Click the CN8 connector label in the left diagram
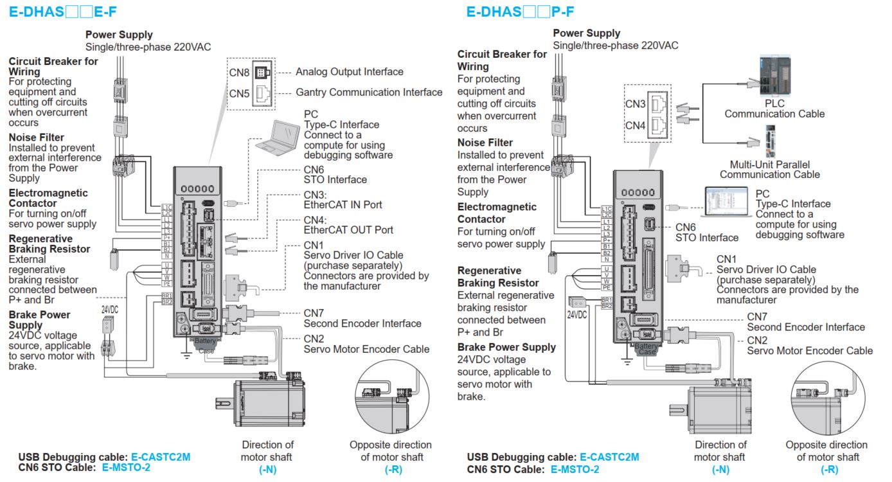(x=240, y=72)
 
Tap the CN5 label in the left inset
(x=240, y=93)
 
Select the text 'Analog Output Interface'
(x=350, y=72)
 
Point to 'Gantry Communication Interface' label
(x=369, y=93)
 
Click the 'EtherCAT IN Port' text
(x=343, y=205)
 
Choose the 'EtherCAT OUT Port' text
(x=348, y=229)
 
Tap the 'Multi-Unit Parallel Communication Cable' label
(x=769, y=169)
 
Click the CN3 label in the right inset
(x=636, y=103)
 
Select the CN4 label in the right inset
(x=636, y=125)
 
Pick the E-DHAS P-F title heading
(x=520, y=11)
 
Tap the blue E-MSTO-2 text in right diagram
(x=575, y=469)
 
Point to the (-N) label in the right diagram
(x=720, y=469)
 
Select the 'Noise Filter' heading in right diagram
(x=485, y=143)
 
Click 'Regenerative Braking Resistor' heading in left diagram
(x=49, y=244)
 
